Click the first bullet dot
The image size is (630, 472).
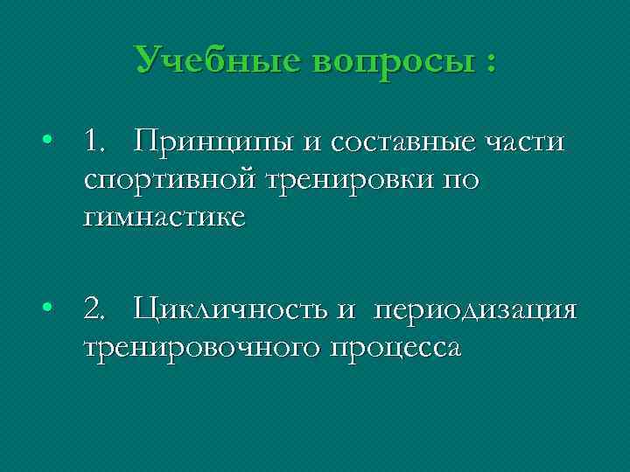click(51, 141)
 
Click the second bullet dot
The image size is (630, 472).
click(51, 309)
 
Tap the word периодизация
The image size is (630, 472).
click(475, 310)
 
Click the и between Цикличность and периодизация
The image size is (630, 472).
click(346, 309)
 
